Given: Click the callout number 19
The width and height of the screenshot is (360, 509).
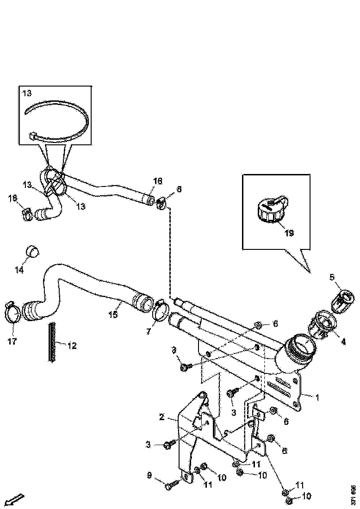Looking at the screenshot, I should point(288,233).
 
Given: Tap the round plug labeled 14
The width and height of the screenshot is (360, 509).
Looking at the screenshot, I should point(32,251).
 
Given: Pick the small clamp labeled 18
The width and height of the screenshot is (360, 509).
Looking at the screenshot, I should point(27,213).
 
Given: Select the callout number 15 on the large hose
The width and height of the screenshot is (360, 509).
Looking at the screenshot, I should point(113,315).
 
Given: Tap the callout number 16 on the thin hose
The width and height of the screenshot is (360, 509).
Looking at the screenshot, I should point(158,181).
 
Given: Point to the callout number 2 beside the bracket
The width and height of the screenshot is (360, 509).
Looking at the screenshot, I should point(161,417).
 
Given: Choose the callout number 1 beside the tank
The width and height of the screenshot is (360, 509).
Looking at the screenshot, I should point(317,397).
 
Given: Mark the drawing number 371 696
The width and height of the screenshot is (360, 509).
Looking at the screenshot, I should point(353,495).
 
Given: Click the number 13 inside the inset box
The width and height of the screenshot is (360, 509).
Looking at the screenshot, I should point(27,93).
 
